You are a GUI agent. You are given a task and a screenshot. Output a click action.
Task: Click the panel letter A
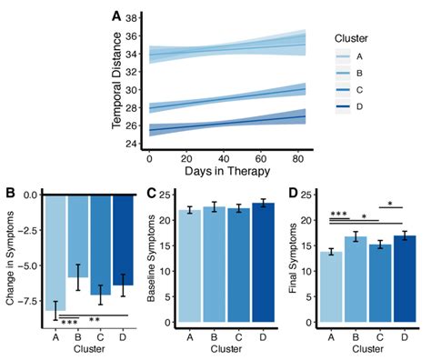click(x=115, y=15)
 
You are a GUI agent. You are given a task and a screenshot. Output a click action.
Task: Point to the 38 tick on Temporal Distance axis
click(x=132, y=17)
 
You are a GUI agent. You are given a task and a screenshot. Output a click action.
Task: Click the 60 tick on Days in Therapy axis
click(x=261, y=156)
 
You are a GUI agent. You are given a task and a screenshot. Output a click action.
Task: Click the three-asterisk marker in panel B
click(x=69, y=321)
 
